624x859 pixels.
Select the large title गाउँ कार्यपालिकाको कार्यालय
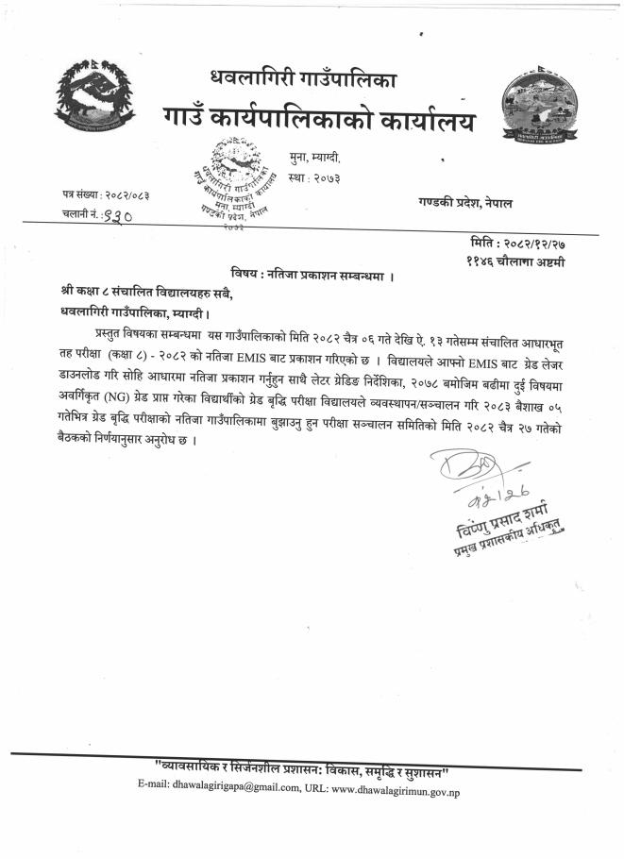[x=320, y=121]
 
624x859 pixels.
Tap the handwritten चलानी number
[x=116, y=215]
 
